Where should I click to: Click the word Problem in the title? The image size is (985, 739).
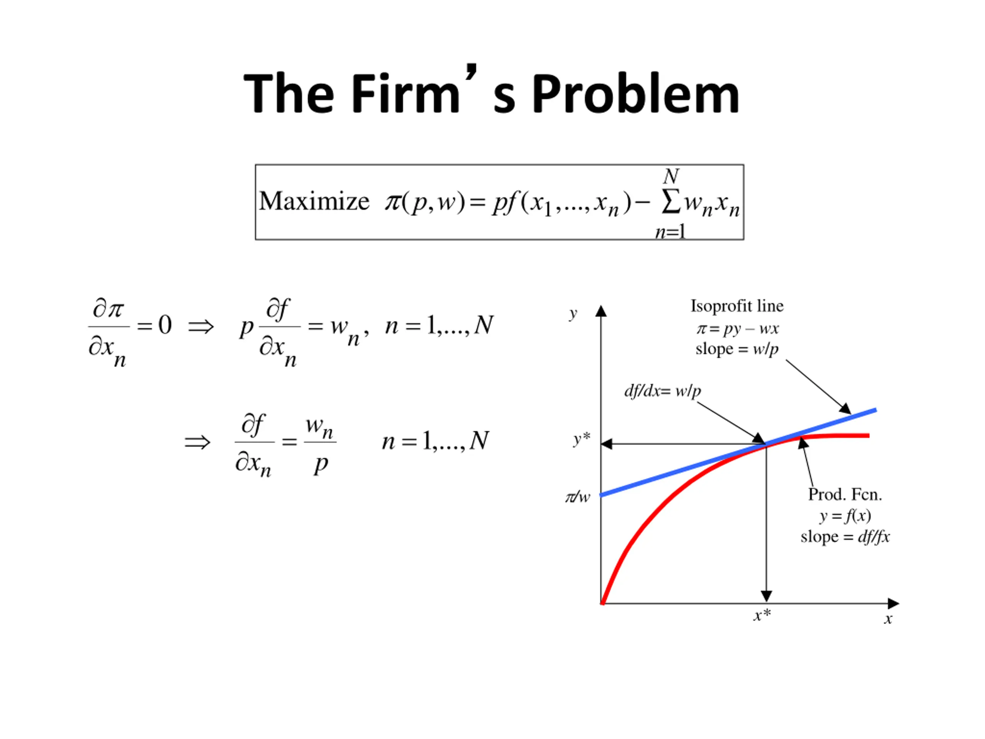[636, 94]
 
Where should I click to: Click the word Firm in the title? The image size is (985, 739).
[405, 94]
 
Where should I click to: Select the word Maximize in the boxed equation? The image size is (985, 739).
[314, 201]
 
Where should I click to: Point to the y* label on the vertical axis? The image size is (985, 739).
[581, 439]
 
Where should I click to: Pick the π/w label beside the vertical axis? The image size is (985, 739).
[578, 496]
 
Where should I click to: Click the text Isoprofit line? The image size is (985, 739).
[737, 306]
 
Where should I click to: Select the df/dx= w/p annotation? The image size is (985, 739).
[663, 391]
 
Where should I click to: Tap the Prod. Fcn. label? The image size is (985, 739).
[845, 495]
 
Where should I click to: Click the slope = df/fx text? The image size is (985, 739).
[845, 537]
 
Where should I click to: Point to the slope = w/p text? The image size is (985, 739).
[737, 349]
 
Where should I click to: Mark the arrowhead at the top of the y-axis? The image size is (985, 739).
[601, 311]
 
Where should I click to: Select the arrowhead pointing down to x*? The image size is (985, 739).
[766, 596]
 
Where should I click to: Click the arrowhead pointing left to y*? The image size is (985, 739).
[607, 444]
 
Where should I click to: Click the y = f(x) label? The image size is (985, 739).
[845, 516]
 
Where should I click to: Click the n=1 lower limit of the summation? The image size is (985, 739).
[670, 232]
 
